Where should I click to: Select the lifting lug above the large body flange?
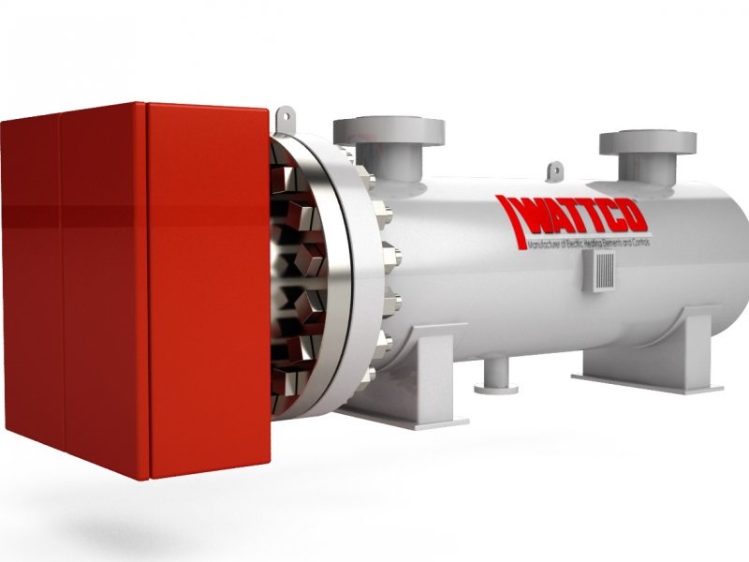(x=285, y=117)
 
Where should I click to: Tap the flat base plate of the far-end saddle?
(x=646, y=382)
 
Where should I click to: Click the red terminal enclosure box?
(x=140, y=290)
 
